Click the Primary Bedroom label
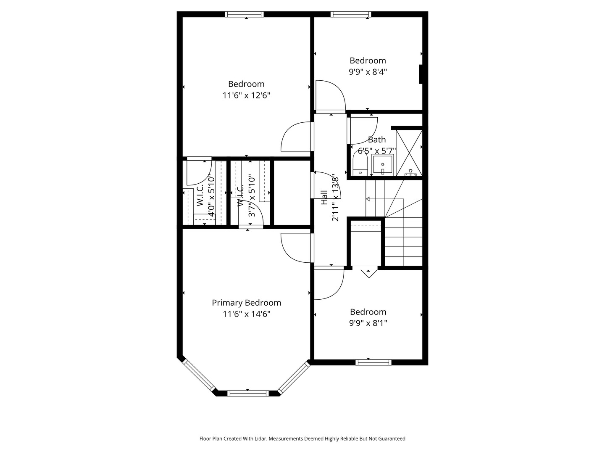(246, 303)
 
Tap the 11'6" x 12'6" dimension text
(246, 95)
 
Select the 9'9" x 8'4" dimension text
(368, 72)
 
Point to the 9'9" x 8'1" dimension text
(368, 323)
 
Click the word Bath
(376, 140)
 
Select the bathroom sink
(382, 165)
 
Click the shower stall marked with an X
(409, 152)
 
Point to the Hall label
(324, 197)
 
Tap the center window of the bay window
(247, 393)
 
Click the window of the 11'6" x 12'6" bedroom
(244, 14)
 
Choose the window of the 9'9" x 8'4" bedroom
(351, 14)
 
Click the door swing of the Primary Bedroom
(296, 248)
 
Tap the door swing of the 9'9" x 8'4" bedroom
(330, 95)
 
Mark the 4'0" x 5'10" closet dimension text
(211, 197)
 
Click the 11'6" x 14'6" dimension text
(247, 314)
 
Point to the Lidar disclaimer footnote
(302, 438)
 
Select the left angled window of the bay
(199, 375)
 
